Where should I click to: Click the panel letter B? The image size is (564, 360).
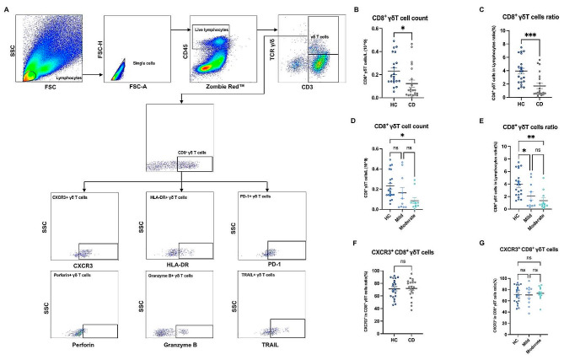point(357,11)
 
